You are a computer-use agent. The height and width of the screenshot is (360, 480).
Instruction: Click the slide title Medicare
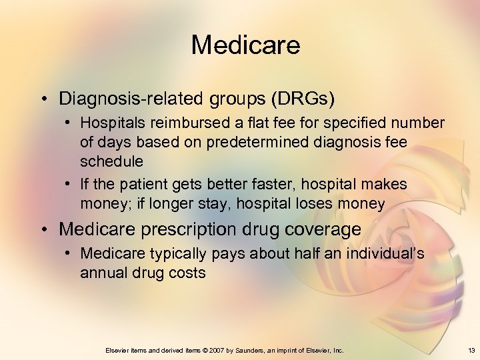[x=245, y=45]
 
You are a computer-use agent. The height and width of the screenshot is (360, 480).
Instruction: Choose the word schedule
[x=111, y=161]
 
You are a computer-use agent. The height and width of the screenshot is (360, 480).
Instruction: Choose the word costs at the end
[x=188, y=273]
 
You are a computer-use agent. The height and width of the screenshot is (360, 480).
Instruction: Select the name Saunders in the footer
[x=248, y=350]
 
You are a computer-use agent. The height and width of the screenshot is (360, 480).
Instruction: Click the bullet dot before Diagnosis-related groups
[x=45, y=99]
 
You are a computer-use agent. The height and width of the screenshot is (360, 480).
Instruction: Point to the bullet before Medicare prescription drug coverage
[x=45, y=230]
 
